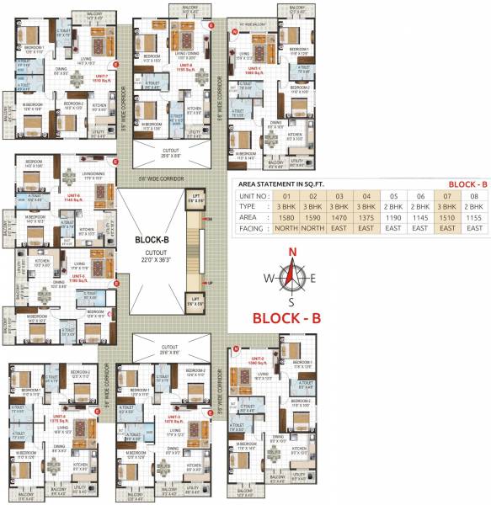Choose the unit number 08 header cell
point(473,195)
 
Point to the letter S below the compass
point(292,303)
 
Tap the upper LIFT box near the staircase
point(195,200)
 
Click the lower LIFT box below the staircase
point(195,300)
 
